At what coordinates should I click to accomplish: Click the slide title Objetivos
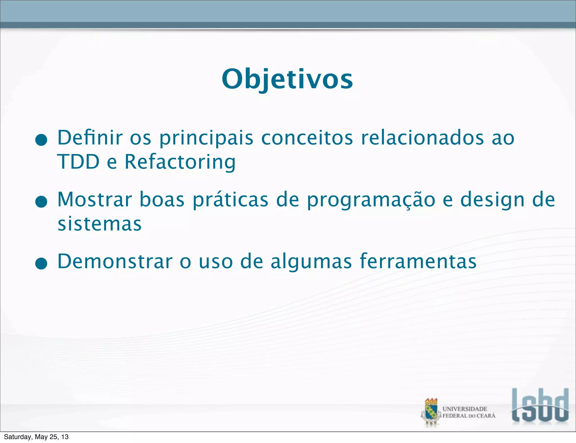[287, 79]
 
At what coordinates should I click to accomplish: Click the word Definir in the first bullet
[90, 138]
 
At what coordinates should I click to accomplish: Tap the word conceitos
[307, 138]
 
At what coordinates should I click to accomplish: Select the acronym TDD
[78, 162]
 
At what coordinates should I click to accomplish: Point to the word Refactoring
[180, 162]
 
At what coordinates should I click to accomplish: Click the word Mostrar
[95, 200]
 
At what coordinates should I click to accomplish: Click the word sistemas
[100, 224]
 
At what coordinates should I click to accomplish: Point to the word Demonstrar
[115, 261]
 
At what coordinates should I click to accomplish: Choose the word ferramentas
[418, 261]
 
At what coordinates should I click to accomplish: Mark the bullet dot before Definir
[41, 140]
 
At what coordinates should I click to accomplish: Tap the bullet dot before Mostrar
[41, 202]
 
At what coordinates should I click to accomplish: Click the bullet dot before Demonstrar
[41, 264]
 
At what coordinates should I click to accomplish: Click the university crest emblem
[431, 412]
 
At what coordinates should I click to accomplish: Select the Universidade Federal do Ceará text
[469, 412]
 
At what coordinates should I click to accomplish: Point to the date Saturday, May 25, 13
[36, 437]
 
